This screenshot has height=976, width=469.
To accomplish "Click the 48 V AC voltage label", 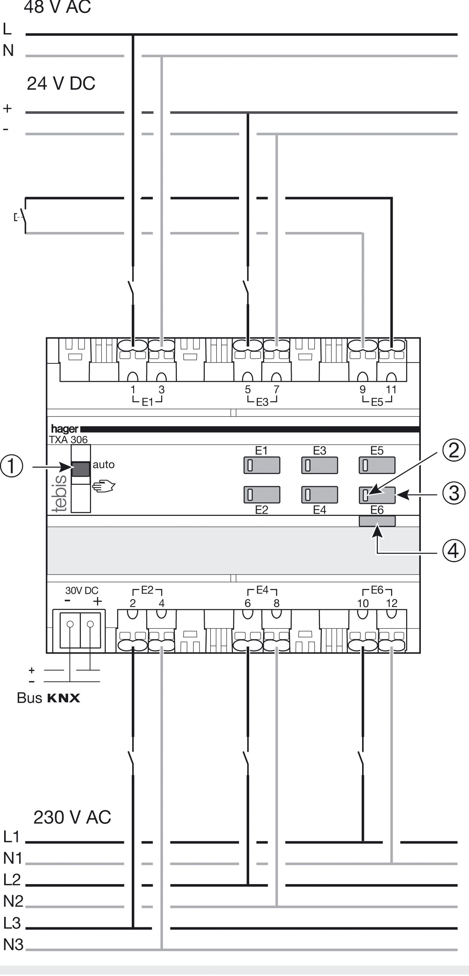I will tap(57, 7).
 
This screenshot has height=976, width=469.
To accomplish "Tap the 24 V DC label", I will tap(61, 83).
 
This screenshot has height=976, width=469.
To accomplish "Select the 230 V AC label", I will tap(72, 817).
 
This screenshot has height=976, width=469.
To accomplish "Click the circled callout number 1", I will tap(11, 467).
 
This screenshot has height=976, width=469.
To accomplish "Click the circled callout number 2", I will tap(454, 450).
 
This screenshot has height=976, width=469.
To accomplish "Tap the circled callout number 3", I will tap(454, 494).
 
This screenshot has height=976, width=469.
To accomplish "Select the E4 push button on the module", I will tap(319, 495).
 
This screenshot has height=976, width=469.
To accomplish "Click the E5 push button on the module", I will tap(377, 465).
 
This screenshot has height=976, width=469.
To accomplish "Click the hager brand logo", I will tap(64, 429).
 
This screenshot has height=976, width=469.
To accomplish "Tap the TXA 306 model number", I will tap(68, 439).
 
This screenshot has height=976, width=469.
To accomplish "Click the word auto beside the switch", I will tap(104, 465).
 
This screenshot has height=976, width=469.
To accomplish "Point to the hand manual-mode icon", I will tap(104, 486).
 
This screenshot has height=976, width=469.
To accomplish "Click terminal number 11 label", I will tap(391, 389).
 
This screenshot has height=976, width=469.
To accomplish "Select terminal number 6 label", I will tap(247, 604).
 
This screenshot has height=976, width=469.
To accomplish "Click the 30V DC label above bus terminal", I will tap(81, 591).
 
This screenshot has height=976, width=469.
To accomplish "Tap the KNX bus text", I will tap(64, 698).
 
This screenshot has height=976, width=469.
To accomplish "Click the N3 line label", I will tap(13, 945).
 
